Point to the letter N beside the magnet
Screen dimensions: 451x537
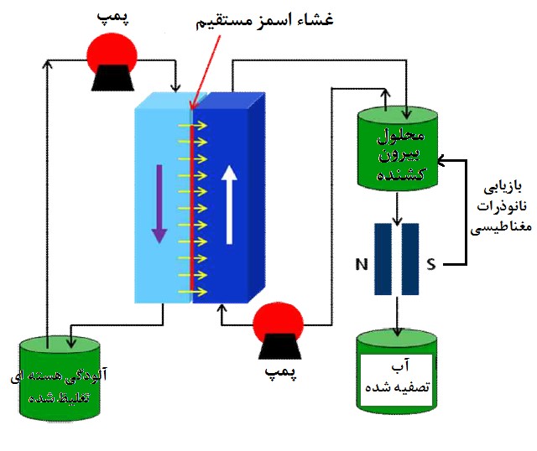pyautogui.click(x=362, y=265)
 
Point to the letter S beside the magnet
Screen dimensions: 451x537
pyautogui.click(x=430, y=265)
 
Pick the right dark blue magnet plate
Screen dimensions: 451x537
pyautogui.click(x=410, y=258)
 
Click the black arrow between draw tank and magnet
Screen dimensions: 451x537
pyautogui.click(x=396, y=205)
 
